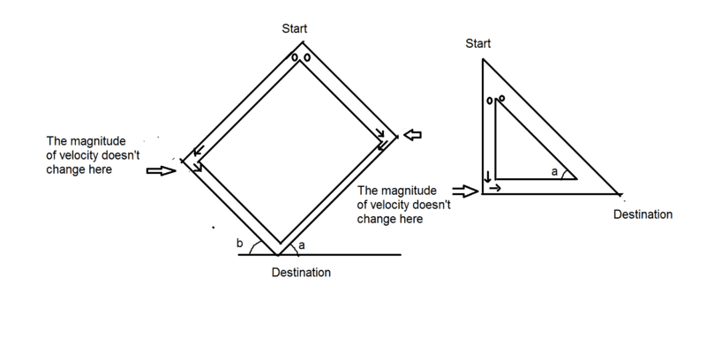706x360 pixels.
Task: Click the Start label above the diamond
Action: [294, 29]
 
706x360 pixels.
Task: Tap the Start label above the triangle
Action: [477, 43]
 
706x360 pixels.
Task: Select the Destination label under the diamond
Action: [301, 273]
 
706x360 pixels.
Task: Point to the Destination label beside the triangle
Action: [642, 214]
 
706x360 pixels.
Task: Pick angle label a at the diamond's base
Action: [303, 244]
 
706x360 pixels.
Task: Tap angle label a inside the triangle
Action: [554, 172]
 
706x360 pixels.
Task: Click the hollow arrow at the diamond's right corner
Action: [413, 135]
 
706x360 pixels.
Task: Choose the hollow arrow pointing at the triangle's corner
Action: [462, 190]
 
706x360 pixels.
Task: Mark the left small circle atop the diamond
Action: [296, 58]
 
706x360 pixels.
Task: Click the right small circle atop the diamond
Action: [306, 58]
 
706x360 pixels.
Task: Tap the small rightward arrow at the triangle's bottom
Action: [496, 188]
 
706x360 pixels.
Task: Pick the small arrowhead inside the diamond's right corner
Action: [379, 134]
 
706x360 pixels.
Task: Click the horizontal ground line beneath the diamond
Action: [353, 255]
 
